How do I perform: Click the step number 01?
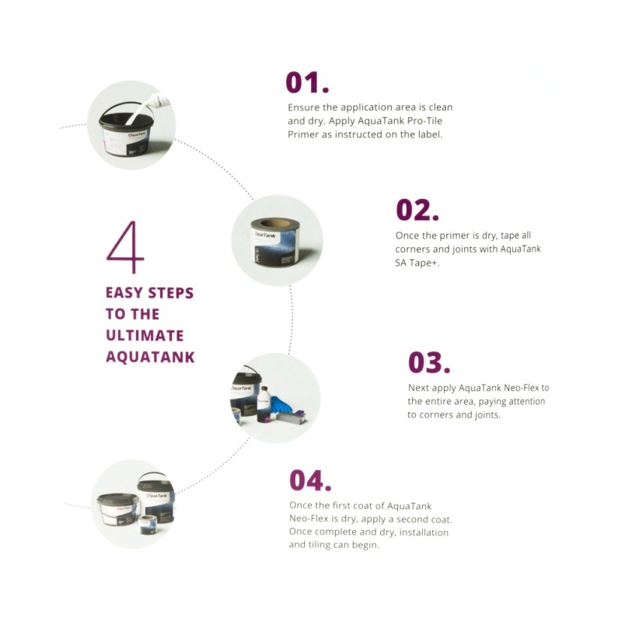click(x=307, y=82)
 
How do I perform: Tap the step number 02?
click(x=417, y=210)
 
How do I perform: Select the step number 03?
click(x=429, y=362)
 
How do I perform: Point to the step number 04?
click(x=310, y=480)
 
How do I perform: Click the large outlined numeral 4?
click(x=125, y=246)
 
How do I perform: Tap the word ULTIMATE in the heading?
click(x=145, y=335)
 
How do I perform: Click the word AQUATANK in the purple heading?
click(x=150, y=357)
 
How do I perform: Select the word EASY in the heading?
click(x=124, y=293)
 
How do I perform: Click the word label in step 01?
click(x=429, y=134)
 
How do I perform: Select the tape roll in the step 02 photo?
click(x=276, y=241)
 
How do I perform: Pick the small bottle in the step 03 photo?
click(x=264, y=404)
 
